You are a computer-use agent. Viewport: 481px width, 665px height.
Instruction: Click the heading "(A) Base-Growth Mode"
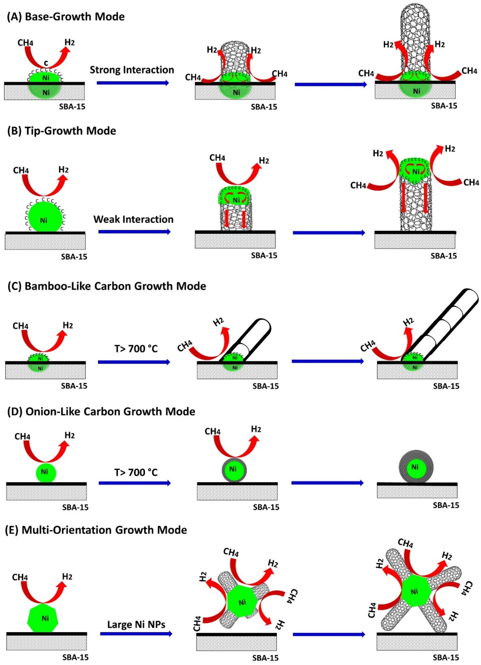point(66,17)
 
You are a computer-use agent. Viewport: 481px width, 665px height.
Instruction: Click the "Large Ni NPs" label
point(136,625)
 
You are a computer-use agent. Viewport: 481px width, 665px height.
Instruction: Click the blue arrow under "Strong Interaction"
point(133,83)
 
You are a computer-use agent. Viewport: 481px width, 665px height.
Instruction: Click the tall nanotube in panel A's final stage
point(417,38)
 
